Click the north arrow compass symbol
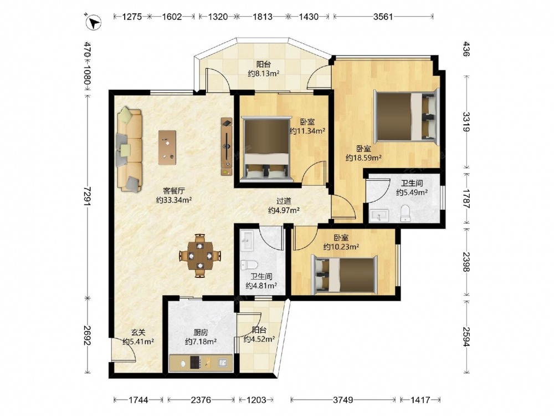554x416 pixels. (x=94, y=22)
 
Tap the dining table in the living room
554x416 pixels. (x=200, y=255)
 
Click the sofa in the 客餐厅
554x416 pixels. (x=129, y=150)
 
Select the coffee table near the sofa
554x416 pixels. (x=167, y=148)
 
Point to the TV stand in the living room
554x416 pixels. (x=227, y=147)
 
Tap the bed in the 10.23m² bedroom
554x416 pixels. (x=344, y=275)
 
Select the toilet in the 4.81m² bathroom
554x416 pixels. (x=249, y=264)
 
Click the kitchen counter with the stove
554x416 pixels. (x=201, y=363)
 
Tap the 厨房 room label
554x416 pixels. (x=201, y=332)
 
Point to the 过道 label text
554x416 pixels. (x=284, y=201)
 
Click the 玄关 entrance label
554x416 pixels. (x=138, y=332)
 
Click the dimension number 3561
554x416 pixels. (x=383, y=17)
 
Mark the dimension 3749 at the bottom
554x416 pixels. (x=343, y=400)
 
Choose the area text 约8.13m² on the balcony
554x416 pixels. (x=264, y=74)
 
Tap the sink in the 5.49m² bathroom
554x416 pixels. (x=379, y=215)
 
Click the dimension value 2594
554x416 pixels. (x=466, y=337)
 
